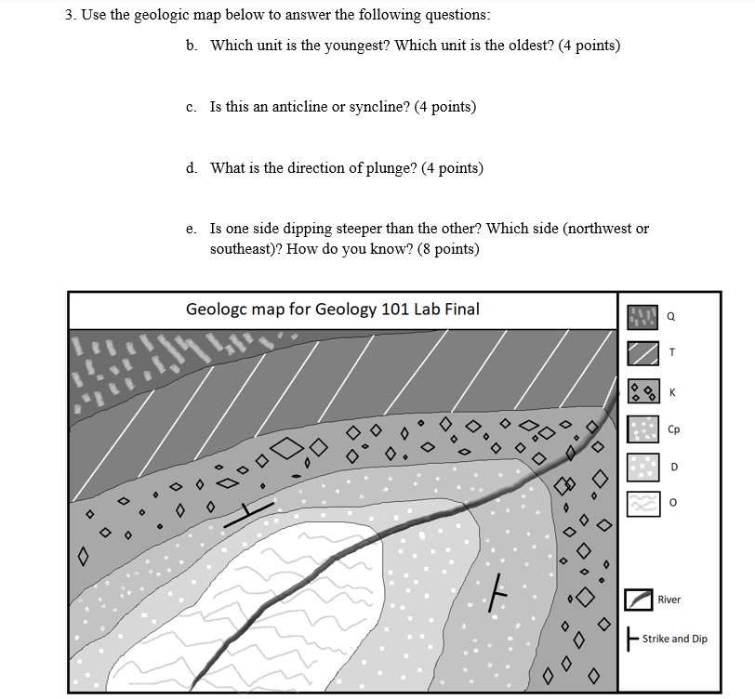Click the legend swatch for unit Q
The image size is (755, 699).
coord(642,317)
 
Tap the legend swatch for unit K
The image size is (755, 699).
coord(642,390)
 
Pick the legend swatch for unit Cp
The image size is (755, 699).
coord(642,429)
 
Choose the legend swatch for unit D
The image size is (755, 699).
coord(642,467)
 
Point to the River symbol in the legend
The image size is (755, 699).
coord(639,600)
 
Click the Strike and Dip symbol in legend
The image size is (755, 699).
coord(632,639)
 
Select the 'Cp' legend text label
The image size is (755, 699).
coord(674,430)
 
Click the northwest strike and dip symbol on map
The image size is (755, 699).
coord(249,512)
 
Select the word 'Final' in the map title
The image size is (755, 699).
coord(462,309)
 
